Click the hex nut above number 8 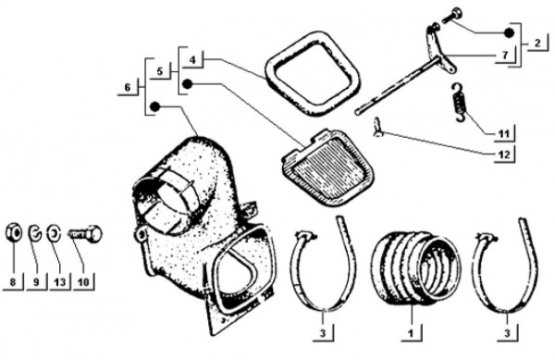coord(14,232)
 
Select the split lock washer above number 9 coord(35,232)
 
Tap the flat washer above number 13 coord(54,233)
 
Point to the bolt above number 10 coord(84,233)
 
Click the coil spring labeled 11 coord(459,103)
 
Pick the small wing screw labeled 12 coord(378,128)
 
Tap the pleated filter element coord(327,168)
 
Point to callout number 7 coord(505,55)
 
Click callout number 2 coord(537,43)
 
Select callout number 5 coord(160,70)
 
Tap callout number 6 coord(128,87)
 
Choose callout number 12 coord(504,155)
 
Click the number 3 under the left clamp coord(323,333)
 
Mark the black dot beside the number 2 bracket coord(509,33)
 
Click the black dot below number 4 coord(187,84)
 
